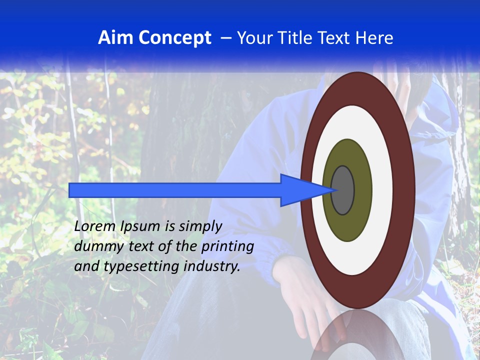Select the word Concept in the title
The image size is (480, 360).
pyautogui.click(x=174, y=38)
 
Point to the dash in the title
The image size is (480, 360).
pyautogui.click(x=226, y=38)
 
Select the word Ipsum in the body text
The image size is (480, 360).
pyautogui.click(x=140, y=227)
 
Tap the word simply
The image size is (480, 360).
pyautogui.click(x=200, y=227)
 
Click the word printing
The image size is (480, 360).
pyautogui.click(x=227, y=247)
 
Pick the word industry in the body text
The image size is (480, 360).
pyautogui.click(x=212, y=267)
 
